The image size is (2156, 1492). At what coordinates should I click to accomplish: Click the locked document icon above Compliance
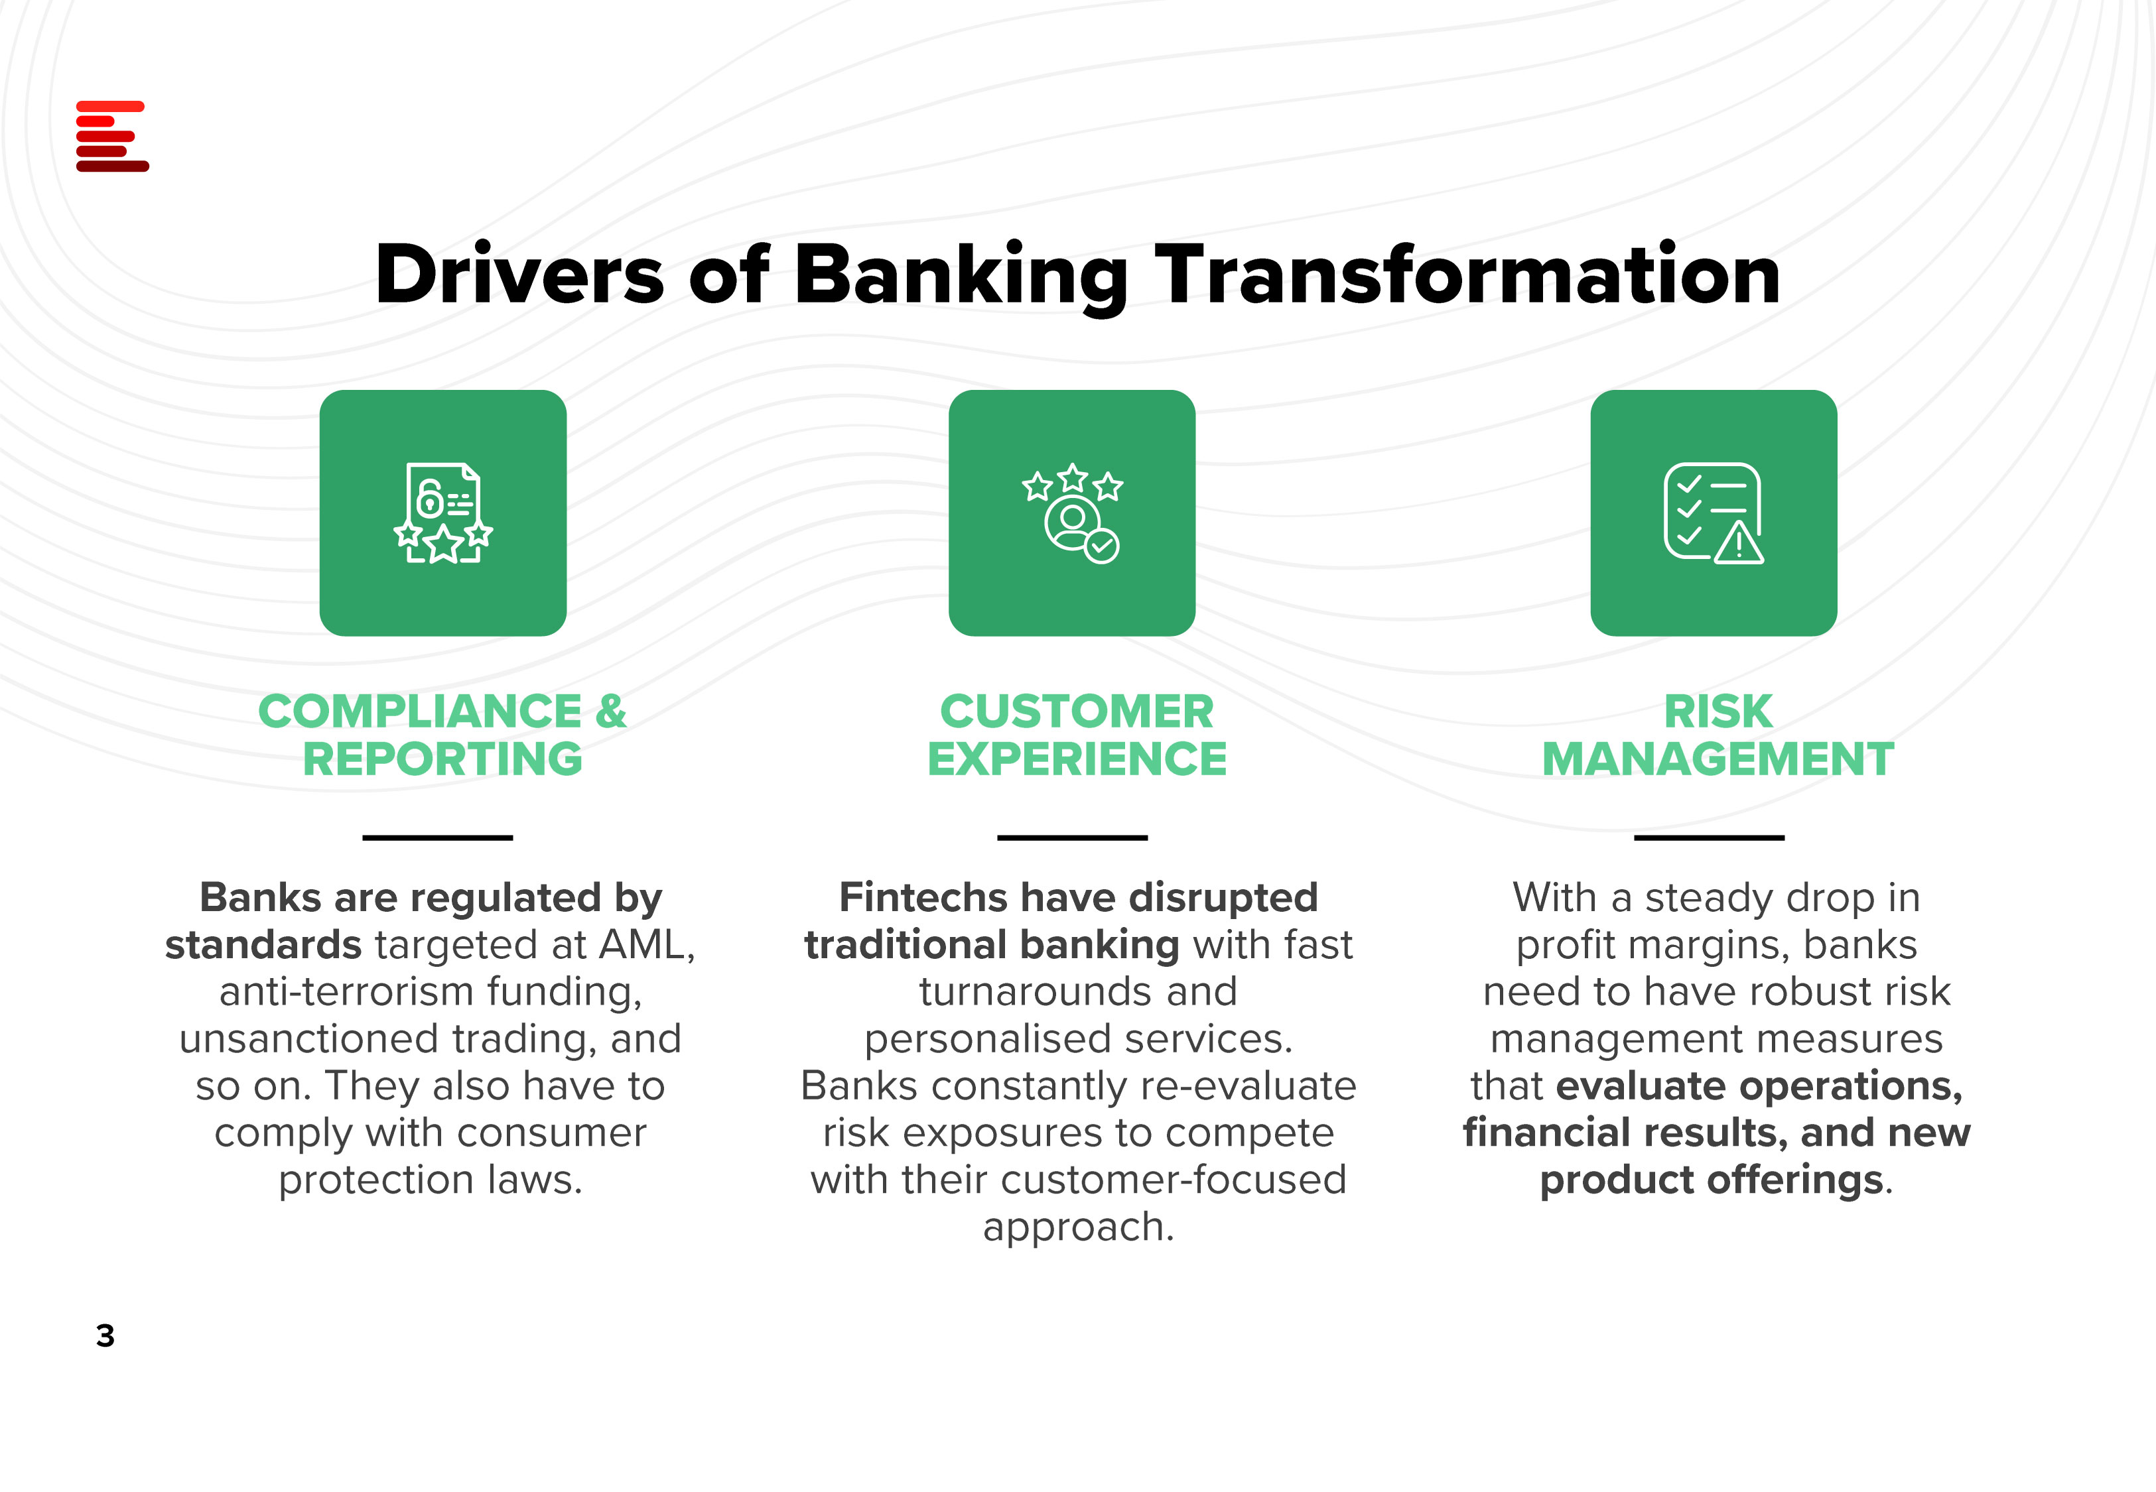pos(443,513)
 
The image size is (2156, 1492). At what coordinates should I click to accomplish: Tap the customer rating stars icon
pos(1073,513)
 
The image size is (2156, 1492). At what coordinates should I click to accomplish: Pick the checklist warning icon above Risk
pos(1714,513)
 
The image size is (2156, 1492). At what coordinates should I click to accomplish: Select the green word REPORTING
pos(442,758)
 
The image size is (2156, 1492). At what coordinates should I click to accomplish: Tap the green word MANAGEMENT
pos(1718,758)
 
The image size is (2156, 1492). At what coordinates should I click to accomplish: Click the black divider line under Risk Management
pos(1709,838)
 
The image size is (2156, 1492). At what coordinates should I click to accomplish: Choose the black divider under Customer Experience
pos(1073,838)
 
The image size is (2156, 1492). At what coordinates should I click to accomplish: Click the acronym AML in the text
pos(644,945)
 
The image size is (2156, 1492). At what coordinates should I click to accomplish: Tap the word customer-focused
pos(1174,1180)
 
